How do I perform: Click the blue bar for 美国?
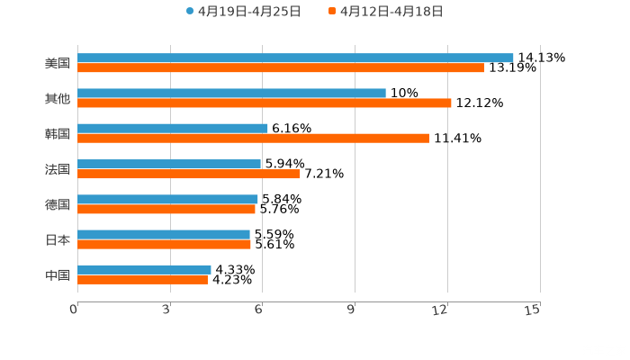pyautogui.click(x=295, y=58)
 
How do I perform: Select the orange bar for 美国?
pyautogui.click(x=281, y=67)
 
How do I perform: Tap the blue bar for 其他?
pyautogui.click(x=231, y=93)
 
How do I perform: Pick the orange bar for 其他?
pyautogui.click(x=265, y=103)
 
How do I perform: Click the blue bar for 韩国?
pyautogui.click(x=173, y=128)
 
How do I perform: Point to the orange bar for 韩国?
pyautogui.click(x=253, y=138)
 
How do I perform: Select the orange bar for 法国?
pyautogui.click(x=189, y=174)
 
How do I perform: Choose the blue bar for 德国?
pyautogui.click(x=167, y=199)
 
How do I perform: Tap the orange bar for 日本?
pyautogui.click(x=164, y=244)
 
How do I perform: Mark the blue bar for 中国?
pyautogui.click(x=144, y=269)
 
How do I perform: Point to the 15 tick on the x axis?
pyautogui.click(x=534, y=310)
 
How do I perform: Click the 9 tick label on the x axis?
pyautogui.click(x=354, y=310)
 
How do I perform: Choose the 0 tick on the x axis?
pyautogui.click(x=75, y=310)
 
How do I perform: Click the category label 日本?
pyautogui.click(x=58, y=240)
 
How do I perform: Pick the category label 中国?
pyautogui.click(x=58, y=275)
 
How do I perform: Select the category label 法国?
pyautogui.click(x=58, y=169)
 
